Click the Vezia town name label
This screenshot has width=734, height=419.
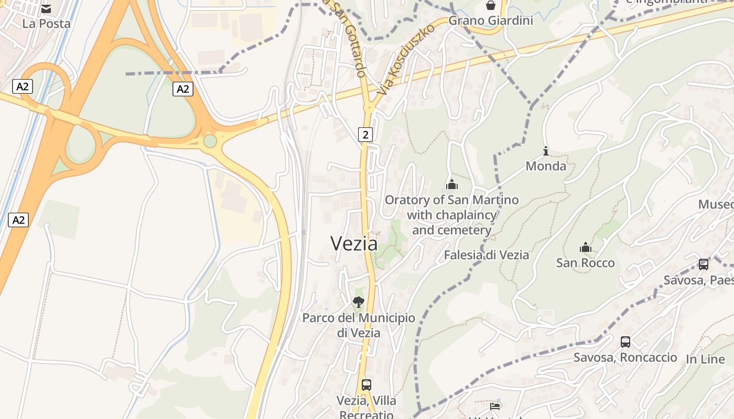click(354, 244)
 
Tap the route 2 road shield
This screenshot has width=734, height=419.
click(365, 135)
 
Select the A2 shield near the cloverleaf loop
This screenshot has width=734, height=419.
click(23, 86)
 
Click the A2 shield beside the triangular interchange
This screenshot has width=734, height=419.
click(182, 89)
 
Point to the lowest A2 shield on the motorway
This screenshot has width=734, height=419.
click(18, 220)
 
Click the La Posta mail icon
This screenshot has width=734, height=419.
click(46, 9)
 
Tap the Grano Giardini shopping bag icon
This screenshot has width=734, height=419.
click(491, 6)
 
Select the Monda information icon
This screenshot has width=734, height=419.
click(546, 151)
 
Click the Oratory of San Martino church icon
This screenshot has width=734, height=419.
click(451, 184)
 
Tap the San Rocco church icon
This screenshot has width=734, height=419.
click(586, 247)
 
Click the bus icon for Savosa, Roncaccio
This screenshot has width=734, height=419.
click(625, 342)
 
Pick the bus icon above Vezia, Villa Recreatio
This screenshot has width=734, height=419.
click(366, 385)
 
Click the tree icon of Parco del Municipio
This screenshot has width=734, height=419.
click(358, 302)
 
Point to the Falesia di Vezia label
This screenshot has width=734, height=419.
click(486, 255)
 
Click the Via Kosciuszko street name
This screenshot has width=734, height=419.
click(405, 59)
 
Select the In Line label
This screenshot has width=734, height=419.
click(705, 359)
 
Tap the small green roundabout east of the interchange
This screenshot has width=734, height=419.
click(210, 141)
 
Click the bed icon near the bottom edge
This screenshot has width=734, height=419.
click(495, 406)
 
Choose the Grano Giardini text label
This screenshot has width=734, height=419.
click(491, 21)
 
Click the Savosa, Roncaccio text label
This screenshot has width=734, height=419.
click(625, 358)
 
